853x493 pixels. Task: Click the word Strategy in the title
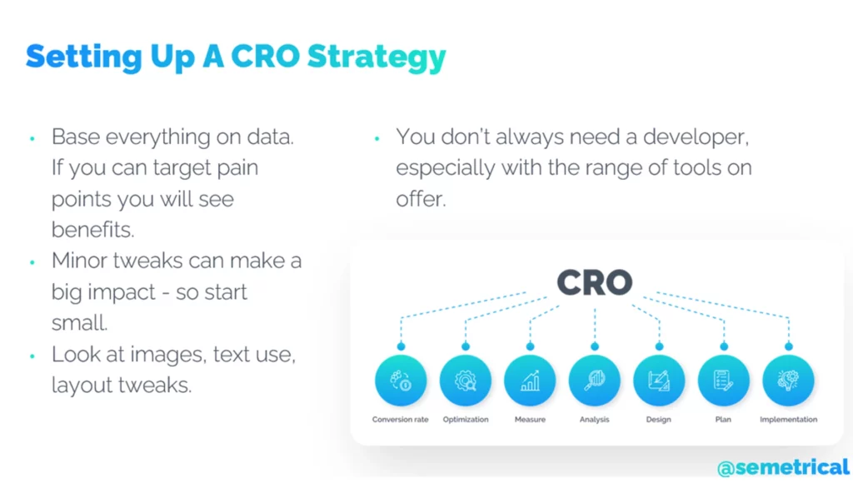pyautogui.click(x=377, y=57)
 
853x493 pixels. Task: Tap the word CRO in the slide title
pyautogui.click(x=266, y=56)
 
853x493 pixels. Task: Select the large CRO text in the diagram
pyautogui.click(x=595, y=282)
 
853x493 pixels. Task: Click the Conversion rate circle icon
pyautogui.click(x=401, y=381)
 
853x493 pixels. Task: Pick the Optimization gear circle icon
pyautogui.click(x=466, y=381)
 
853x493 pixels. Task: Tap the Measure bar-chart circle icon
pyautogui.click(x=530, y=381)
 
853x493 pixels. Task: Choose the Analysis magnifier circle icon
pyautogui.click(x=595, y=381)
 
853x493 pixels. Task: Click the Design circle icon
pyautogui.click(x=659, y=381)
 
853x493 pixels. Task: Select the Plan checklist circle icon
pyautogui.click(x=724, y=381)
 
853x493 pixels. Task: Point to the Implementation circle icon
pyautogui.click(x=788, y=381)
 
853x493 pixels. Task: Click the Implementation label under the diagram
pyautogui.click(x=788, y=420)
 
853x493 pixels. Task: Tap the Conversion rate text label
pyautogui.click(x=401, y=420)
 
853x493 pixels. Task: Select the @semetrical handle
pyautogui.click(x=783, y=467)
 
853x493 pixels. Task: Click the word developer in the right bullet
pyautogui.click(x=696, y=137)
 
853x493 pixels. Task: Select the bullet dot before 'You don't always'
pyautogui.click(x=377, y=139)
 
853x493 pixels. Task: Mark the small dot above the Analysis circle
pyautogui.click(x=595, y=346)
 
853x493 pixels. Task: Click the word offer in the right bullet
pyautogui.click(x=421, y=199)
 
